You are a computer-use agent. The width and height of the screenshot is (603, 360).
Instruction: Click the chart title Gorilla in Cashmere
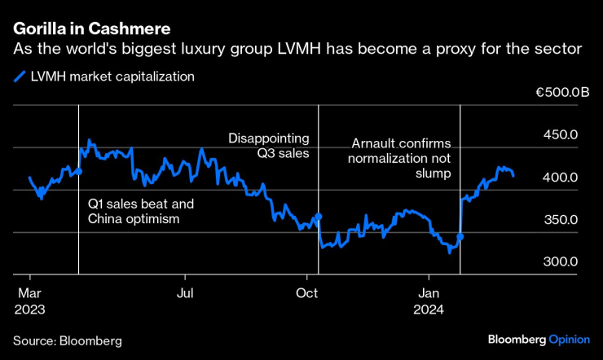coord(91,29)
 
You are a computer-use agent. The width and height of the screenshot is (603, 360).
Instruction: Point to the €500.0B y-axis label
coord(562,93)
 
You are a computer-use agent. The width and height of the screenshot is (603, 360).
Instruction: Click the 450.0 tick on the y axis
coord(562,134)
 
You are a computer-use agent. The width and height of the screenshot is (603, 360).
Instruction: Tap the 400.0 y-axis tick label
coord(562,178)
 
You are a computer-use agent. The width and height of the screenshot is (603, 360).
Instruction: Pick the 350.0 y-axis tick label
coord(562,220)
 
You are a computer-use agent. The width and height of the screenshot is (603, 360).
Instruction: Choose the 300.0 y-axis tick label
coord(562,262)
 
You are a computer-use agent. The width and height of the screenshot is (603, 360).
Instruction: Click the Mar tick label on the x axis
coord(29,293)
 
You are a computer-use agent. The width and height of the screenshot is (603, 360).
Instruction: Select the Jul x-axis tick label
coord(186,293)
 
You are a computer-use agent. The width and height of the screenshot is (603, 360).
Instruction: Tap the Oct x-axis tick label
coord(306,293)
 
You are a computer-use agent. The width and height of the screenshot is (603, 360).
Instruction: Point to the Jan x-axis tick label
coord(429,293)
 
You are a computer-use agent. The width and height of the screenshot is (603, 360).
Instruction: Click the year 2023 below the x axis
coord(29,310)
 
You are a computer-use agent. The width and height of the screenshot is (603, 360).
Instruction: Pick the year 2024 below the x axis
coord(429,310)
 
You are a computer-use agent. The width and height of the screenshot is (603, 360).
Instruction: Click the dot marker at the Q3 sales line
coord(319,216)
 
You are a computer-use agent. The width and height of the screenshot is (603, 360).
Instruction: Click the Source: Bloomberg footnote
coord(67,340)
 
